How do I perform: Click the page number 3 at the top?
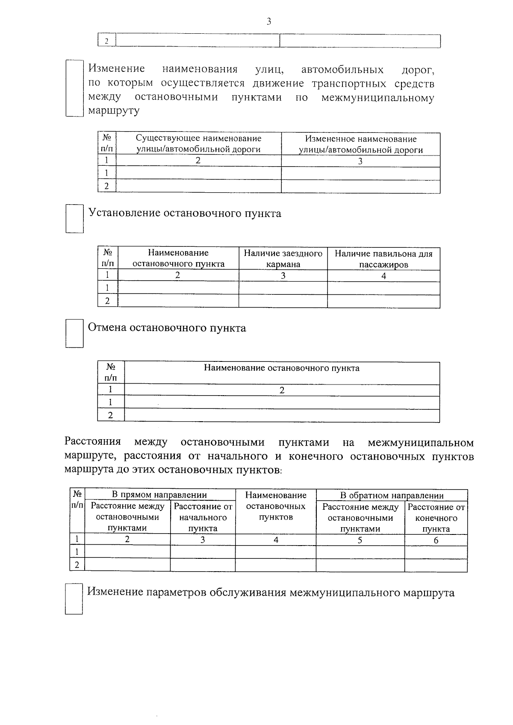(x=268, y=22)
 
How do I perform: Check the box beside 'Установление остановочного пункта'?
(x=74, y=219)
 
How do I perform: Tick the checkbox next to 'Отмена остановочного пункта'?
(x=75, y=333)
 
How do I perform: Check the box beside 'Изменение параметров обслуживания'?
(x=74, y=599)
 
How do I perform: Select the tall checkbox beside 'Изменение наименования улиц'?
(x=74, y=88)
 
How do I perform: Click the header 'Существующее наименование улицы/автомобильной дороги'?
(x=198, y=144)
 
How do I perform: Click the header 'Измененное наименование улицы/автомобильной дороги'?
(x=360, y=144)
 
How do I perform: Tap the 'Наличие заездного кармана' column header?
(x=283, y=258)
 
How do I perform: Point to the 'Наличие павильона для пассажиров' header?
(x=383, y=259)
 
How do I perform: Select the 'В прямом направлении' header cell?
(x=159, y=495)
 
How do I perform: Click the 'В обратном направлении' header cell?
(x=392, y=495)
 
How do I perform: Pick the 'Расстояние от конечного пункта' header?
(x=436, y=518)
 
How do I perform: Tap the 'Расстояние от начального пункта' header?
(x=203, y=517)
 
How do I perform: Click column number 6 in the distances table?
(x=436, y=540)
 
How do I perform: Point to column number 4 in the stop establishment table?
(x=383, y=276)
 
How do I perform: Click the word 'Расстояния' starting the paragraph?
(x=93, y=442)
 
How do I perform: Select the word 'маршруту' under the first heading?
(x=114, y=111)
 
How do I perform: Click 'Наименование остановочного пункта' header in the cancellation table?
(x=281, y=368)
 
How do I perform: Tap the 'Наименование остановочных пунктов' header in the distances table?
(x=276, y=506)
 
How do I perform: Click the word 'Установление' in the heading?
(x=124, y=213)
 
